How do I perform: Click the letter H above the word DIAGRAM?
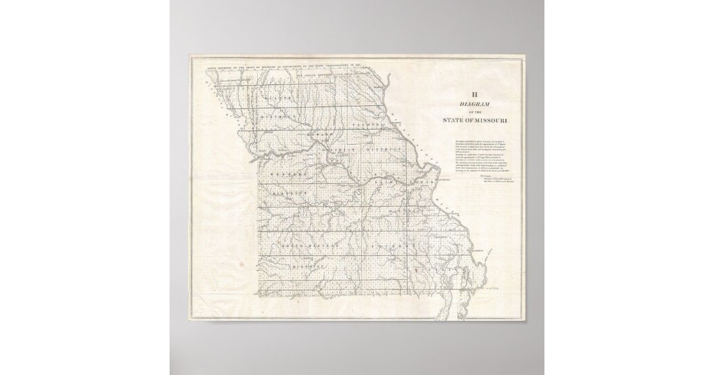click(x=475, y=94)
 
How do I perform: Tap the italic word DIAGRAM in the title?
click(x=475, y=103)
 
